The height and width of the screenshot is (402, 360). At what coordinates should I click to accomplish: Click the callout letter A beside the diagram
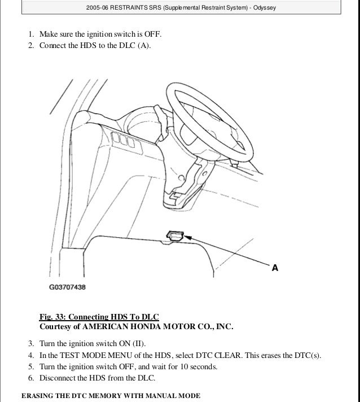click(275, 268)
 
